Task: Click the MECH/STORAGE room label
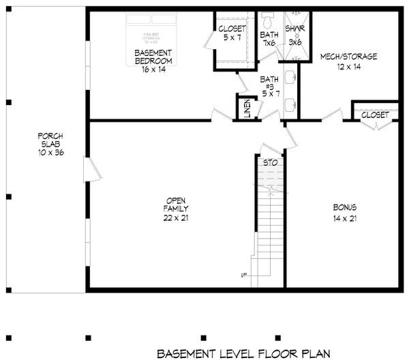[348, 61]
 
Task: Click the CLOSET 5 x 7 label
[231, 33]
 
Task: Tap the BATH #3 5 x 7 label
[271, 86]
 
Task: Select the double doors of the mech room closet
[374, 126]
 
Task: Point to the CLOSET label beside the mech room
[374, 115]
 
